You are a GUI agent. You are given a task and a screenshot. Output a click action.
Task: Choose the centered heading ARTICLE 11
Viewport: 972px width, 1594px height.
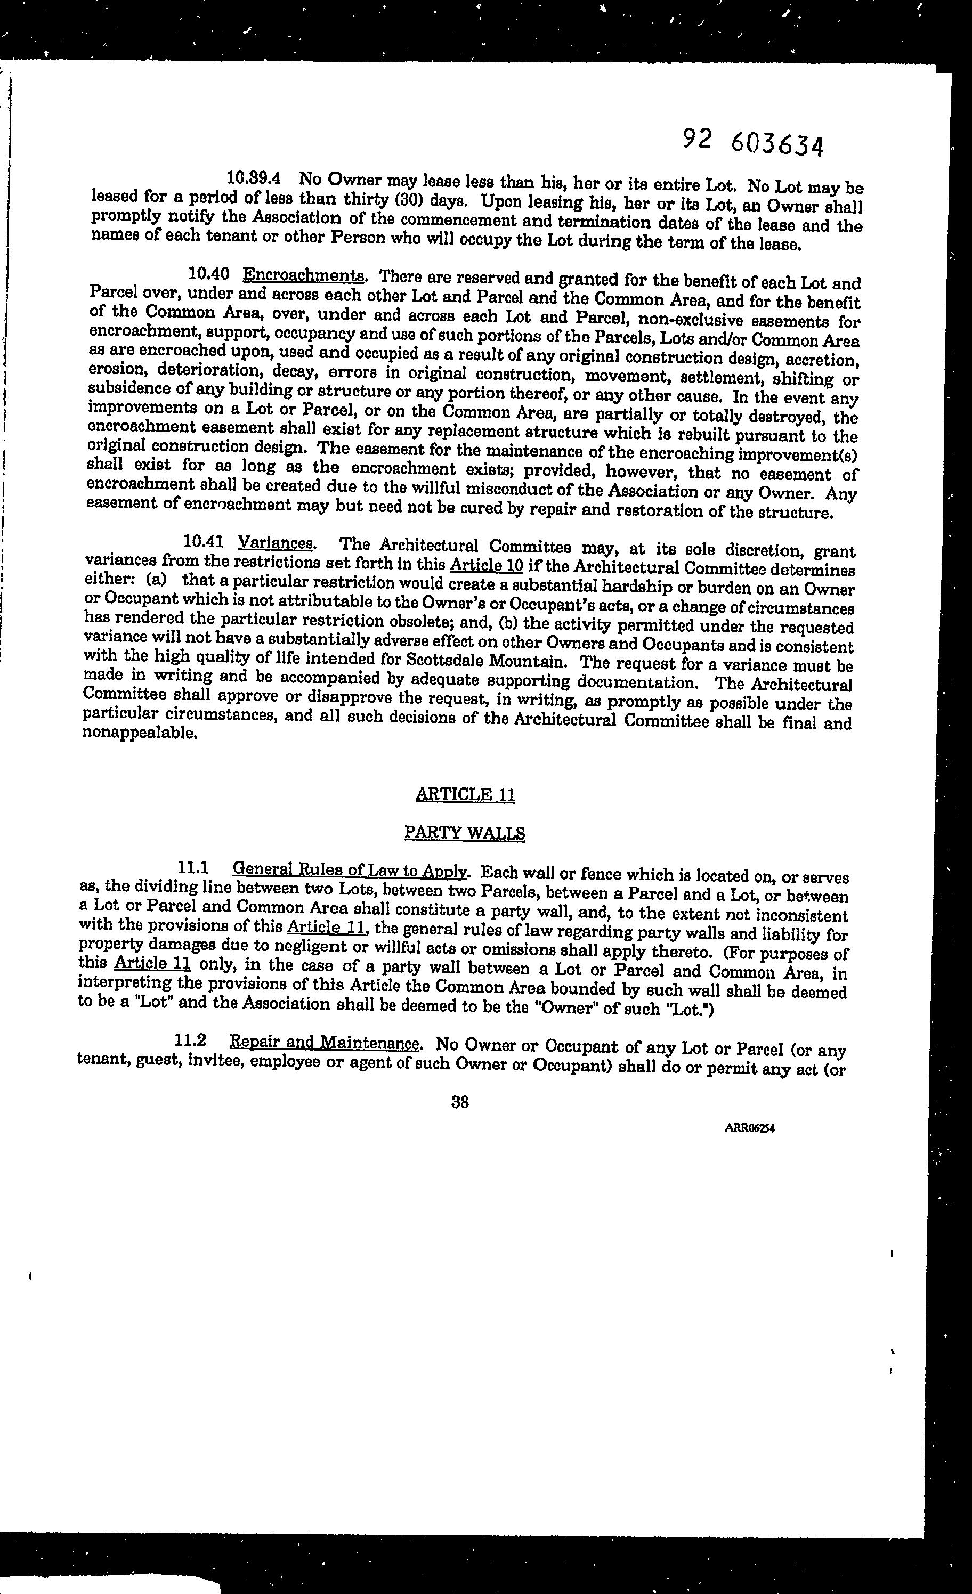click(x=465, y=794)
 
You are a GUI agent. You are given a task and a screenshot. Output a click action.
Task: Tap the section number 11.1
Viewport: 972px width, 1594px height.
click(x=191, y=867)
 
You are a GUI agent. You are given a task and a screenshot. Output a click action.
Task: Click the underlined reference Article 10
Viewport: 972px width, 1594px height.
click(x=486, y=565)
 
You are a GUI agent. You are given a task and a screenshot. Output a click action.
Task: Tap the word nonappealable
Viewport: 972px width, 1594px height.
click(x=139, y=734)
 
